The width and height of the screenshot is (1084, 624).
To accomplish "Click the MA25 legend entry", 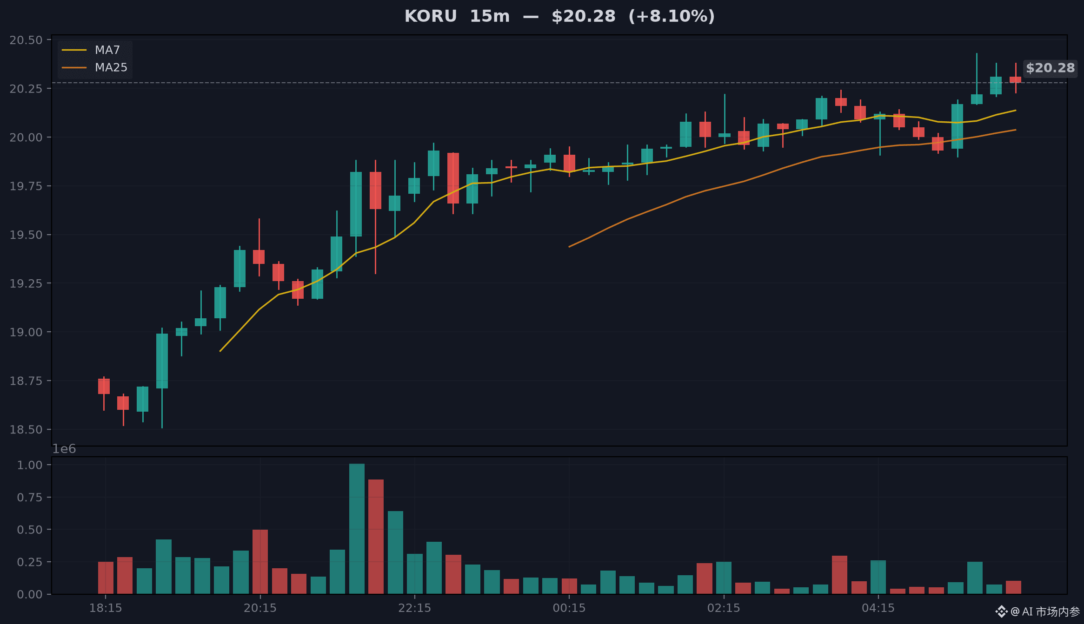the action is click(x=95, y=67).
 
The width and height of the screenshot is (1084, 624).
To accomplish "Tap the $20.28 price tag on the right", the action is click(x=1050, y=68).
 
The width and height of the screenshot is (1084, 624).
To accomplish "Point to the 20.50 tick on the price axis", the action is click(x=26, y=40).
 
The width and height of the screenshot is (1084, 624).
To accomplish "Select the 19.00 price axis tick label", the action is click(x=26, y=332).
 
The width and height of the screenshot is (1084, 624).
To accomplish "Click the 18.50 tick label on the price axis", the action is click(x=26, y=430).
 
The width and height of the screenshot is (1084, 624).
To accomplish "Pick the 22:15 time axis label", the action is click(x=414, y=608).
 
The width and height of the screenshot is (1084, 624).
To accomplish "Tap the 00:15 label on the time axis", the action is click(x=569, y=608).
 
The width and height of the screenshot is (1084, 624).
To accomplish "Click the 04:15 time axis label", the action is click(x=878, y=608).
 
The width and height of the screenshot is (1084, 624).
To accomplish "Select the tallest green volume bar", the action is click(x=357, y=529).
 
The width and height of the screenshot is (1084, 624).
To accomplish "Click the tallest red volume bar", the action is click(x=376, y=537).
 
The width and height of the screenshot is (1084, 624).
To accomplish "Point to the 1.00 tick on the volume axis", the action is click(x=30, y=465).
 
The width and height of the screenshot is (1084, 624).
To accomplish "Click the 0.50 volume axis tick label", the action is click(x=30, y=530).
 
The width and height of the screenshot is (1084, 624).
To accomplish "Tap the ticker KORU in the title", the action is click(x=431, y=16).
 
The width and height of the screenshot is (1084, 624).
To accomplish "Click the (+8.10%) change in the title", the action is click(x=672, y=16).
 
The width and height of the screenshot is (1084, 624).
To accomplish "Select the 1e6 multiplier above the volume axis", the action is click(x=64, y=449).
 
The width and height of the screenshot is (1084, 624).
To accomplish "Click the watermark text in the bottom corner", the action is click(x=1037, y=611).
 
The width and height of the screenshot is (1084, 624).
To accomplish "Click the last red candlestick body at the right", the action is click(x=1015, y=80).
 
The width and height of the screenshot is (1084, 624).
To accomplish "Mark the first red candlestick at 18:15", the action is click(x=104, y=387).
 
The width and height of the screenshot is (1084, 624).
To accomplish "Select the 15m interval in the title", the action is click(x=490, y=16).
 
